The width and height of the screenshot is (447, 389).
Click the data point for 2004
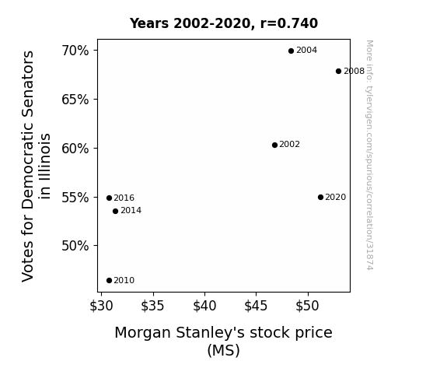click(291, 51)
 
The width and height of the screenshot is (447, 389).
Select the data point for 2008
click(338, 71)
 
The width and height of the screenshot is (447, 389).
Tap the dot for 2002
click(274, 145)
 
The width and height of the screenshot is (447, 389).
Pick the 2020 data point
click(320, 197)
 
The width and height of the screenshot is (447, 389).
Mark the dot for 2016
click(109, 198)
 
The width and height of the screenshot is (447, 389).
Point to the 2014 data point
click(115, 211)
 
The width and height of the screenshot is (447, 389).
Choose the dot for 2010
click(109, 281)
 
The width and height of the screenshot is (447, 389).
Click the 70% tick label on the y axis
click(75, 51)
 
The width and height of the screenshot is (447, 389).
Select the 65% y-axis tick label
click(75, 100)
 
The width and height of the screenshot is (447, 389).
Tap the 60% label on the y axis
click(75, 149)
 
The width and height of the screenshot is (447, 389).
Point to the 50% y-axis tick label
click(75, 246)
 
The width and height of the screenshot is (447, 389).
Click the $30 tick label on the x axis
click(101, 306)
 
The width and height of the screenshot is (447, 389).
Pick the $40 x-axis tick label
click(204, 306)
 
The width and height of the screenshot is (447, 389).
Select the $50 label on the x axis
click(307, 306)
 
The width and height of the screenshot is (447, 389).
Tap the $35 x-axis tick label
click(152, 306)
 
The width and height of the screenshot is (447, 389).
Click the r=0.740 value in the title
click(288, 23)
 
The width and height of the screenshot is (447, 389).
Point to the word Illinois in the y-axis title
click(45, 166)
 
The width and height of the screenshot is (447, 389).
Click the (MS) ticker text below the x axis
click(224, 350)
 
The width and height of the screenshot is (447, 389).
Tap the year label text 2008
click(354, 71)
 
